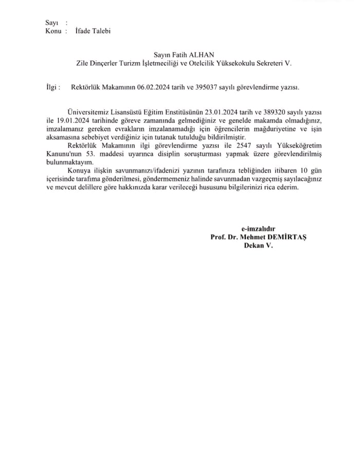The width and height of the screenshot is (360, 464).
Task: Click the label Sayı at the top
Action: pos(51,23)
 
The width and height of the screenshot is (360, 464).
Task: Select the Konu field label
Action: pos(53,31)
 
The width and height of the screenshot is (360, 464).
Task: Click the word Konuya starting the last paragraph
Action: pos(80,171)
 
